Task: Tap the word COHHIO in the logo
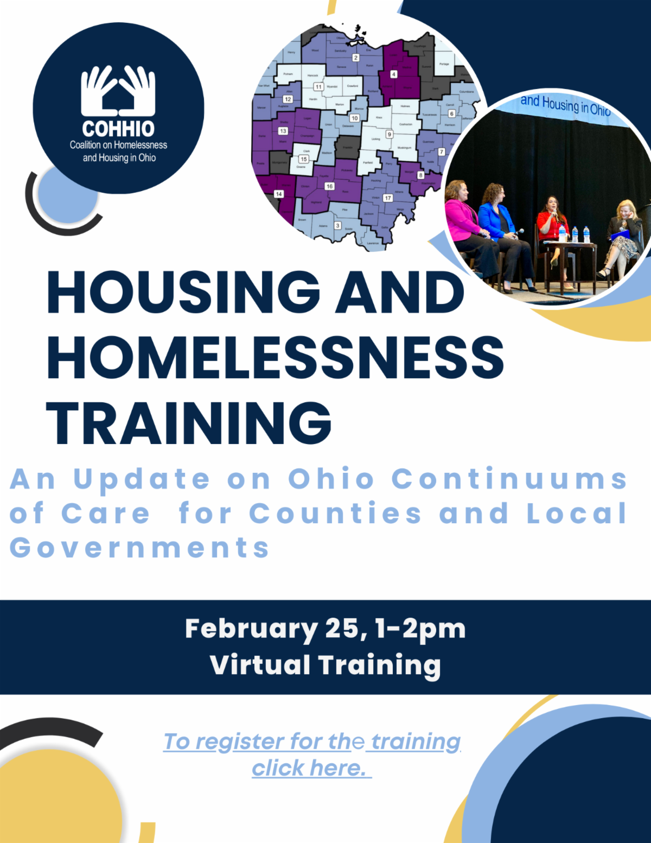coord(118,129)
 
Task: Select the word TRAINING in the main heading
coord(189,423)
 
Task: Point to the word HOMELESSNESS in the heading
coord(276,357)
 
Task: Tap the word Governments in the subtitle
coord(139,548)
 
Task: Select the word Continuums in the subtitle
coord(509,479)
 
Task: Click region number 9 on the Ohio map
coord(389,134)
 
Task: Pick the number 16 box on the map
coord(329,186)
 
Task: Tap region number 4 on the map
coord(393,74)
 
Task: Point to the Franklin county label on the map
coord(347,147)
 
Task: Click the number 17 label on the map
coord(387,198)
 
